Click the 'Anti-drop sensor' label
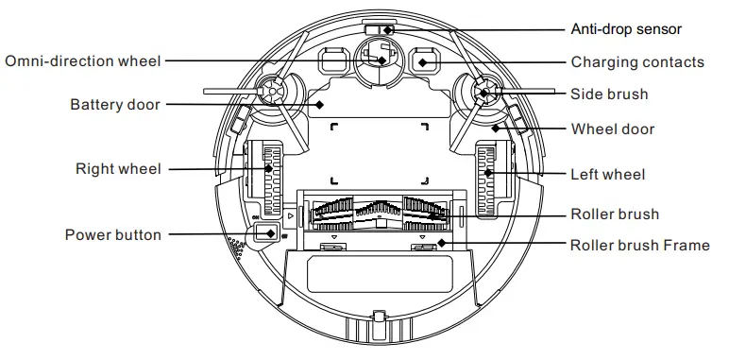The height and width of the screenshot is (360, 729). coord(626,29)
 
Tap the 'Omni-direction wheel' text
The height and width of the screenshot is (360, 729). coord(83,61)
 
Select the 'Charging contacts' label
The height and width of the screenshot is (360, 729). coord(637,62)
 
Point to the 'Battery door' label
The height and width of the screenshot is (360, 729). coord(114,104)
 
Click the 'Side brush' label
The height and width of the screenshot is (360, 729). coord(609,94)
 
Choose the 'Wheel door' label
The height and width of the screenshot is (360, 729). coord(612,129)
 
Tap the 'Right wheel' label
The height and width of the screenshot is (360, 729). coord(118,169)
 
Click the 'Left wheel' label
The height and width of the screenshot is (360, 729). coord(608,174)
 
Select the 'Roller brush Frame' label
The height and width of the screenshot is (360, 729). coord(639,245)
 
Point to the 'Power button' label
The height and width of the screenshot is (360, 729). coord(112,234)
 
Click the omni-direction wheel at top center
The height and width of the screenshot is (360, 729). coord(381,59)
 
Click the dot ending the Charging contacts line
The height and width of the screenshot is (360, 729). coord(424,62)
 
